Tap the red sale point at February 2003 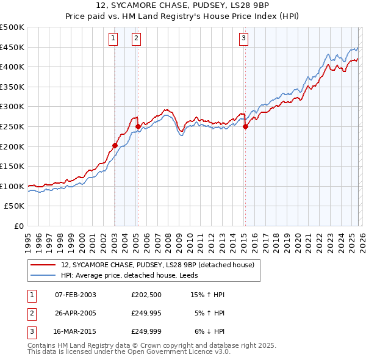click(115, 145)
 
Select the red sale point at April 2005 click(138, 127)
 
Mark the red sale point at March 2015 click(245, 127)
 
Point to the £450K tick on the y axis click(12, 47)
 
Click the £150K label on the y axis click(12, 166)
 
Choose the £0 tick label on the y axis click(18, 226)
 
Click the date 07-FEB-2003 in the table click(75, 295)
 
